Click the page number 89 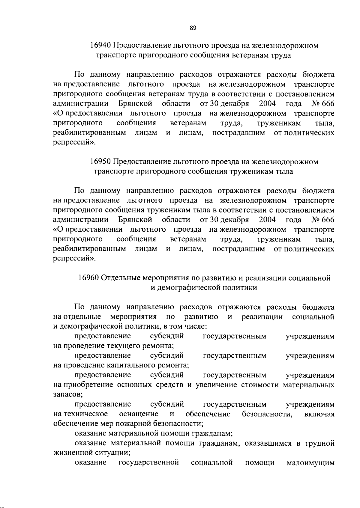(193, 28)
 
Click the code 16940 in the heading (100, 46)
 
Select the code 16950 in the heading (100, 162)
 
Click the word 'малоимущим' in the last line (310, 463)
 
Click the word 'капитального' (130, 365)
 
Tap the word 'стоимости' (260, 385)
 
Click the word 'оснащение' (139, 414)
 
